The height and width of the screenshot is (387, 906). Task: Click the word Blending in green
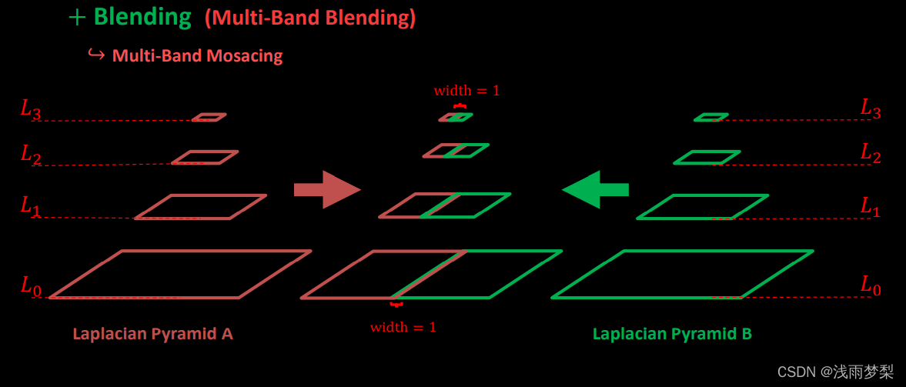142,18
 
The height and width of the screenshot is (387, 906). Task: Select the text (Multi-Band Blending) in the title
309,19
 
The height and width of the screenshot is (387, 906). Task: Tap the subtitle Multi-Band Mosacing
197,55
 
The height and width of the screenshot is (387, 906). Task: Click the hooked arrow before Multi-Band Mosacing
96,55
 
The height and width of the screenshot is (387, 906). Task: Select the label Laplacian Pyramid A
152,334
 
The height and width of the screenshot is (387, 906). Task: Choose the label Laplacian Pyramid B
672,334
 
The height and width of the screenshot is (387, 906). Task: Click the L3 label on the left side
31,110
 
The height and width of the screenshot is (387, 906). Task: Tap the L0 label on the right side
871,287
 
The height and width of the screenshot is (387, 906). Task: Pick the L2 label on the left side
31,155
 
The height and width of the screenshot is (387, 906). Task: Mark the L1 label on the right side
871,206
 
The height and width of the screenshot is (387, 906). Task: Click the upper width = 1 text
466,91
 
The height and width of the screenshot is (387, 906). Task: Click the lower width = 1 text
403,327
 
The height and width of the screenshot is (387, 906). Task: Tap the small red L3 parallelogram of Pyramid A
209,118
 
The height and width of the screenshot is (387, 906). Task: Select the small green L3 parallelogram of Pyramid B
710,118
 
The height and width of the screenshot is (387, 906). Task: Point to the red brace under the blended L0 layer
396,305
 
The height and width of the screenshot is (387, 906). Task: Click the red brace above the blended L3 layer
460,105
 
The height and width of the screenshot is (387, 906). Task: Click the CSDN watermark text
835,372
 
